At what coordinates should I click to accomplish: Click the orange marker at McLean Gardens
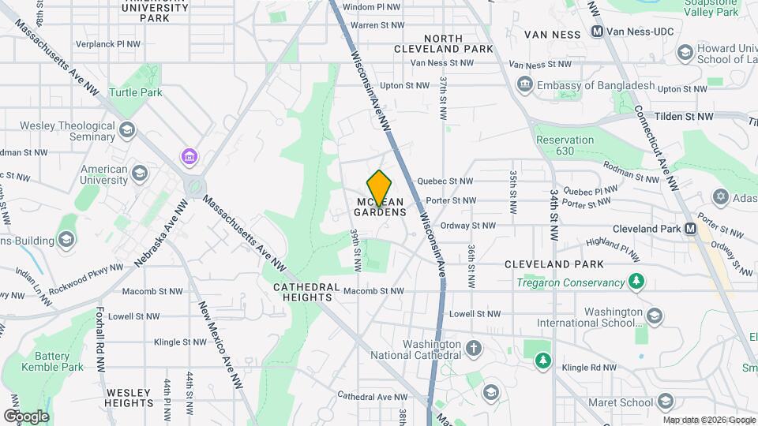pyautogui.click(x=380, y=188)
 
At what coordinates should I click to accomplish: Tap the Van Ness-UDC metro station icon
pyautogui.click(x=597, y=33)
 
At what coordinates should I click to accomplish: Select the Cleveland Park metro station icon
pyautogui.click(x=691, y=229)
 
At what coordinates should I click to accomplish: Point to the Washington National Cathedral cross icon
pyautogui.click(x=474, y=349)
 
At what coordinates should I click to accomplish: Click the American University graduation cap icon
pyautogui.click(x=140, y=173)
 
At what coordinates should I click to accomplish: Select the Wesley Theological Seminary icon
pyautogui.click(x=127, y=129)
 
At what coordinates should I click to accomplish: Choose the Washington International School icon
pyautogui.click(x=654, y=316)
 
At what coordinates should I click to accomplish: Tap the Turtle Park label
pyautogui.click(x=136, y=92)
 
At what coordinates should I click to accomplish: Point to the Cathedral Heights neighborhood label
pyautogui.click(x=306, y=292)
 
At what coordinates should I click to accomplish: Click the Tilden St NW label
pyautogui.click(x=685, y=116)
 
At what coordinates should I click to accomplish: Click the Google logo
pyautogui.click(x=27, y=416)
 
